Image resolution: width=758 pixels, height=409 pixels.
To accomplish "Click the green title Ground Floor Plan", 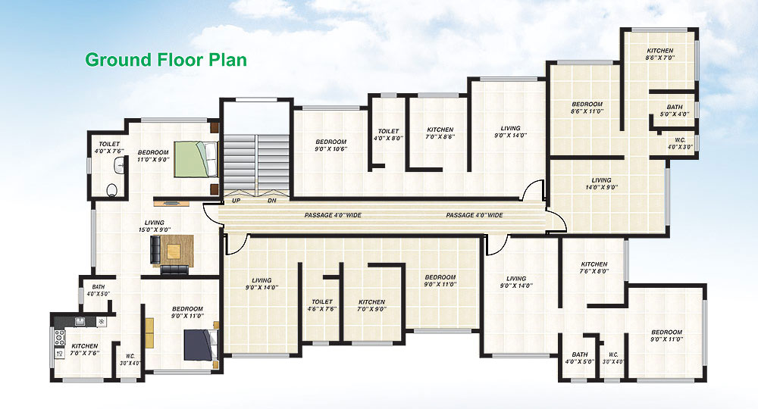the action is click(x=166, y=60).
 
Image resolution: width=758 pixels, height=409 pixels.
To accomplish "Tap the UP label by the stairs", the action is click(x=236, y=201).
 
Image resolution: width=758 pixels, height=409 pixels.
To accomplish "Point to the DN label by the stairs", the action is click(x=272, y=201).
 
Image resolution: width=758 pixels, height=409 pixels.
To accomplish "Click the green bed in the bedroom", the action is click(x=196, y=159).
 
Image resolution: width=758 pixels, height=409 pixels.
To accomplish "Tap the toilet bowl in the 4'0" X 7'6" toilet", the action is click(x=112, y=190).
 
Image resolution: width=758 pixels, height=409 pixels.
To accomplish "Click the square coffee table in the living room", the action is click(x=174, y=251).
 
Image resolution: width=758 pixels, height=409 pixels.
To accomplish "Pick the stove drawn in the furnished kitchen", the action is click(x=59, y=338).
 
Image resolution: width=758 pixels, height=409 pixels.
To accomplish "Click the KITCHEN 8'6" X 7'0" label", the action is click(x=660, y=54).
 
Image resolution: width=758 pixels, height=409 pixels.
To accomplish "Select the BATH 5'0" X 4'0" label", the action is click(x=675, y=111).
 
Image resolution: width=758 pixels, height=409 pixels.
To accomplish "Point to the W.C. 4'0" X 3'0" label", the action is click(x=680, y=143).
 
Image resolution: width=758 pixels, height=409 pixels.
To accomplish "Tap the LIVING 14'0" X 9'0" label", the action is click(x=601, y=183).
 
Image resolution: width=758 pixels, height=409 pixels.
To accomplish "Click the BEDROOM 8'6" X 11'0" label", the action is click(x=587, y=108).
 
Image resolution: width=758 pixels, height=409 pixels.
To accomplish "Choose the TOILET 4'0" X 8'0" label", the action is click(x=388, y=134).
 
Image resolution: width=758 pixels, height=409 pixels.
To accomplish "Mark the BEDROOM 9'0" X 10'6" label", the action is click(x=330, y=145).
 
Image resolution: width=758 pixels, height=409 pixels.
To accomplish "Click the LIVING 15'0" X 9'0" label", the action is click(x=154, y=226).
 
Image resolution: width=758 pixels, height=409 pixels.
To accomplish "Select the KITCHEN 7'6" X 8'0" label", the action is click(x=594, y=267).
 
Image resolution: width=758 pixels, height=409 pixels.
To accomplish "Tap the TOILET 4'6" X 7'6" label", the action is click(x=322, y=304).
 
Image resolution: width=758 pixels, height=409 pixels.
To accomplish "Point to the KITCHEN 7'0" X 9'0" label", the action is click(x=371, y=305).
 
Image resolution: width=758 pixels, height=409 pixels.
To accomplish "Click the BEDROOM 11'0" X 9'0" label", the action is click(x=153, y=155).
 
